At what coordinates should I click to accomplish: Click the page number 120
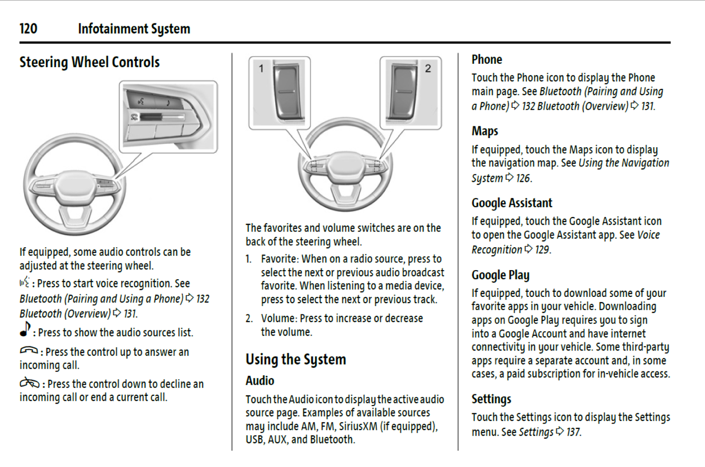click(28, 29)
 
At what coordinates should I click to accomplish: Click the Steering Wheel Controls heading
click(89, 62)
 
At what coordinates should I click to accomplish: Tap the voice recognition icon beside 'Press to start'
click(24, 282)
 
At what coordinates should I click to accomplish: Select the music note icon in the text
click(25, 330)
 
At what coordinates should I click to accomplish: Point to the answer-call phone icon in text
click(28, 350)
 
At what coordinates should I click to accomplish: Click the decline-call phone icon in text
click(29, 383)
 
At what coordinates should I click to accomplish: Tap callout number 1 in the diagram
click(261, 68)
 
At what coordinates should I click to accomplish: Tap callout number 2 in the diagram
click(428, 68)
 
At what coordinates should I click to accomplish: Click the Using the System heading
click(296, 360)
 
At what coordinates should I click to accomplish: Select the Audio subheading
click(260, 381)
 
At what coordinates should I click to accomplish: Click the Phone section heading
click(486, 59)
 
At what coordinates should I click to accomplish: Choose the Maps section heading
click(484, 131)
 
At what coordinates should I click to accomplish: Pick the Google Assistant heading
click(511, 203)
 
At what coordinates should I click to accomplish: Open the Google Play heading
click(500, 275)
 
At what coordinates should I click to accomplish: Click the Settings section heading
click(491, 399)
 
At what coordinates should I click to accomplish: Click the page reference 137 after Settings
click(573, 432)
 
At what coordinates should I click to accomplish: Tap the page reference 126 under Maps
click(523, 178)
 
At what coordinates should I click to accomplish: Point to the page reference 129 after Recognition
click(542, 250)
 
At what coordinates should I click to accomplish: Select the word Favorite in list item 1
click(279, 259)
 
